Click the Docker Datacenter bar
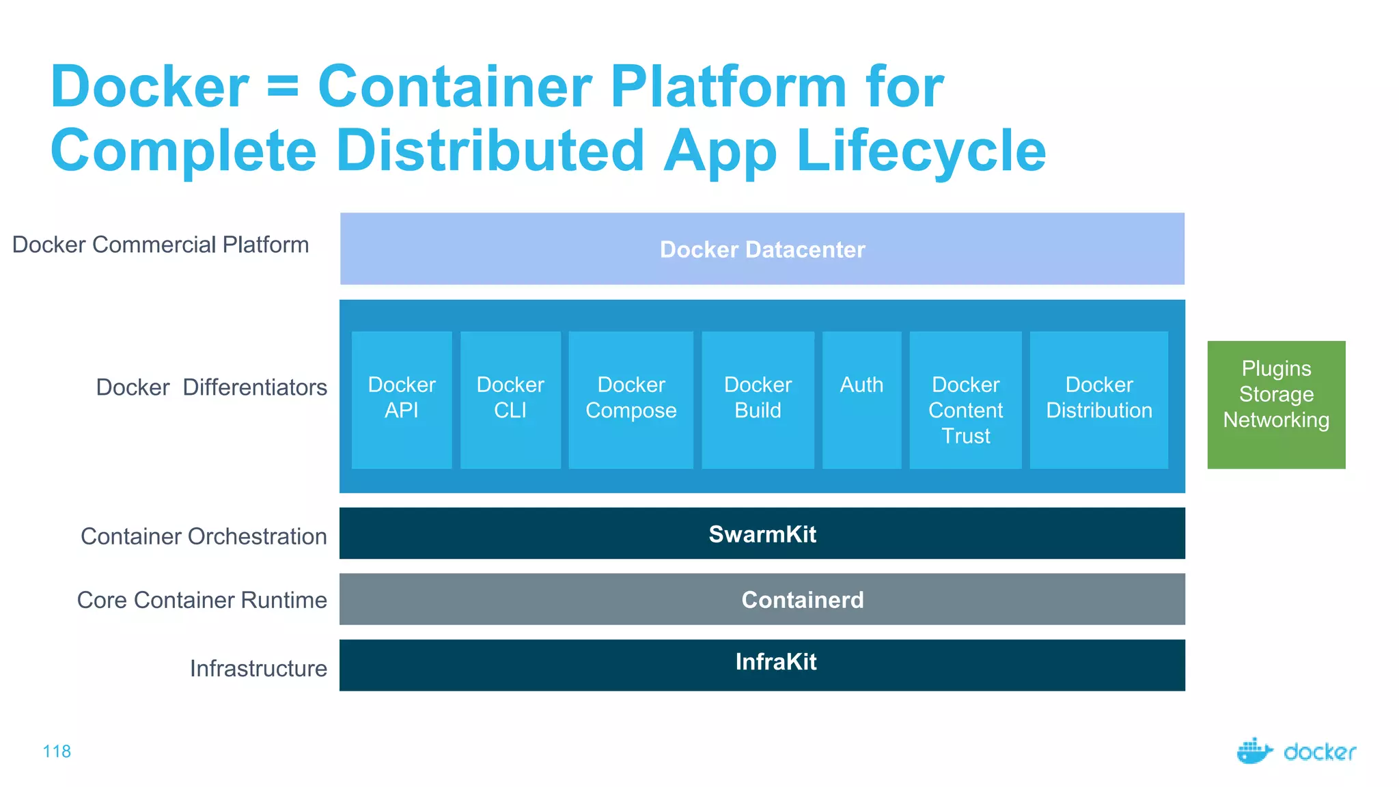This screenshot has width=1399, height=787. coord(762,249)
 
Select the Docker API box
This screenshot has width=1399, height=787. coord(402,400)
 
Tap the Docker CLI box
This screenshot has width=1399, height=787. coord(510,400)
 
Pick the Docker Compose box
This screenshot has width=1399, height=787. coord(631,400)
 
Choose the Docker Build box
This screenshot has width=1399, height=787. coord(758,400)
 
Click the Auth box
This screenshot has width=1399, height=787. coord(861,400)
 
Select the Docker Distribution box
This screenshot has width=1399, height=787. coord(1098,400)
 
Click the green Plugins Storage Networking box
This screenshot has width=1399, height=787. coord(1276,404)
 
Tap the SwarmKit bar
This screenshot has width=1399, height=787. coord(762,534)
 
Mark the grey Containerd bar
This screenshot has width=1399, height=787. coord(762,599)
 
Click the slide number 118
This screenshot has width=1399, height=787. coord(57,751)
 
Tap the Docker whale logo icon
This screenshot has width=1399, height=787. coord(1254,751)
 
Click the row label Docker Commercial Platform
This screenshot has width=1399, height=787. coord(161,245)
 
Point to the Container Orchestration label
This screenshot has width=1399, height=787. coord(204,536)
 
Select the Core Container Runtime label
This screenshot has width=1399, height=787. coord(202,600)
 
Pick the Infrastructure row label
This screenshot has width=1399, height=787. coord(258,668)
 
